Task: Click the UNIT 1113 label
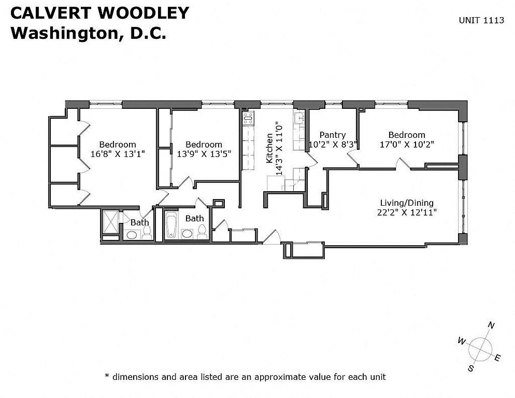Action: click(x=481, y=20)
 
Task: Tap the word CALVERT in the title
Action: click(x=50, y=13)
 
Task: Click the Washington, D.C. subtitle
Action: click(x=89, y=33)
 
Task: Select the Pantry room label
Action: click(x=333, y=135)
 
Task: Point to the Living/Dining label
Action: click(x=407, y=203)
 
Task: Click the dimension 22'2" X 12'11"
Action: click(x=407, y=212)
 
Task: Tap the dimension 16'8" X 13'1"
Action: click(x=118, y=154)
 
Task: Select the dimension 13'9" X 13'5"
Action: click(x=204, y=154)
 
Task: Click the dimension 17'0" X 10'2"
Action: click(x=407, y=144)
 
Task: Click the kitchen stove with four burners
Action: click(x=248, y=118)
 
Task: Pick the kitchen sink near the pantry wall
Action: click(x=299, y=118)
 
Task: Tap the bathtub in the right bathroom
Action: click(x=171, y=225)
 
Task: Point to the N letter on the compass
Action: click(x=491, y=325)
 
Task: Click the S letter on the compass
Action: click(x=470, y=368)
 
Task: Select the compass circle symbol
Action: click(x=480, y=348)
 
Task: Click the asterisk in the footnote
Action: click(x=106, y=375)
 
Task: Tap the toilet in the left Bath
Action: click(x=147, y=232)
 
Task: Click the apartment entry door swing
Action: click(x=271, y=237)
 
